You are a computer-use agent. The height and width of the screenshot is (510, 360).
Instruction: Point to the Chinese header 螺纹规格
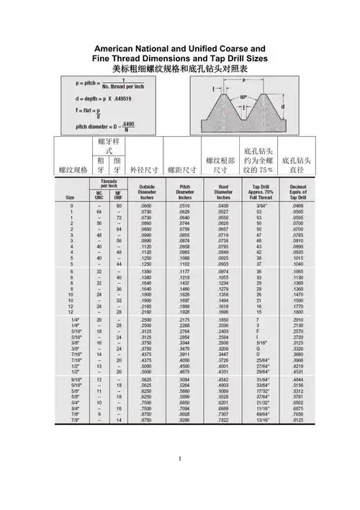[x=73, y=170]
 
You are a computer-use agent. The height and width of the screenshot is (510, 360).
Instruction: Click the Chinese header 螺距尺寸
[x=181, y=171]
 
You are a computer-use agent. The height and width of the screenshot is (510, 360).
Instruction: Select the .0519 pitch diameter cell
[x=184, y=206]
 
